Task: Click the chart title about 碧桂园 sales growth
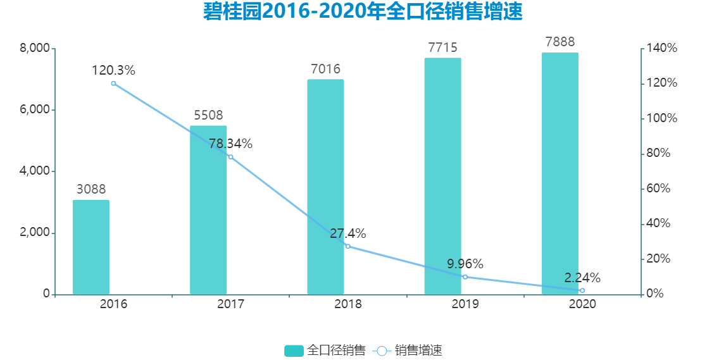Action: coord(363,12)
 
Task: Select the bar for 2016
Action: coord(91,247)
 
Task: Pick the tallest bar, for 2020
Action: coord(560,173)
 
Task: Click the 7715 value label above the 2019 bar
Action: coord(442,47)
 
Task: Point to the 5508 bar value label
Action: coord(208,116)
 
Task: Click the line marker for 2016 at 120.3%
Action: coord(114,84)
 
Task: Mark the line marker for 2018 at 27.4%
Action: coord(348,246)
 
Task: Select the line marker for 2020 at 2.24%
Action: coord(582,290)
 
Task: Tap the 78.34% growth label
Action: coord(230,144)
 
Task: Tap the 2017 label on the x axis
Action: coord(230,304)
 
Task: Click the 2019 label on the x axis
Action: coord(465,304)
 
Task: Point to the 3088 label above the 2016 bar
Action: coord(91,189)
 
